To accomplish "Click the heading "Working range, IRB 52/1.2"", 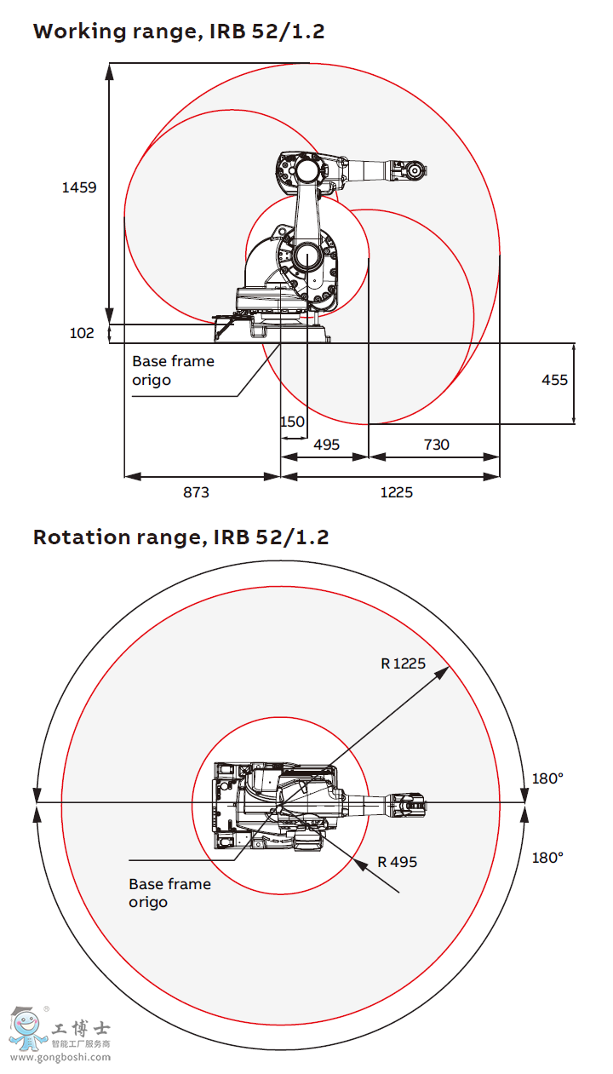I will coord(179,32).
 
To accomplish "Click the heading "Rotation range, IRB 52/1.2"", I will coord(180,537).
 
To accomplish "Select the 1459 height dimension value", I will coord(79,187).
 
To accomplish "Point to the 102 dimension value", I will coord(82,333).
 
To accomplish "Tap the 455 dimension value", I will coord(554,380).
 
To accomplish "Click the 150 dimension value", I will coord(292,422).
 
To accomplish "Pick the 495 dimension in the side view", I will coord(326,444).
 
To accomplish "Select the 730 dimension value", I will coord(436,444).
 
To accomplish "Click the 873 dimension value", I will coord(196,492).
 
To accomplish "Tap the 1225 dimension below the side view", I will coord(396,492).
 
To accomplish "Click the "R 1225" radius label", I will coord(403,663).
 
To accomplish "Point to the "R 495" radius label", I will coord(398,861).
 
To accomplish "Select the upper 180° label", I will coord(547,778).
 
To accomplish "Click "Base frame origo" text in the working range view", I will coord(173,370).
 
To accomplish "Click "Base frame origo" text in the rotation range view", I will coord(169,893).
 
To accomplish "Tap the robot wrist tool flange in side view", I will coord(415,169).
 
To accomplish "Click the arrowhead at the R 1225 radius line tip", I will coord(444,671).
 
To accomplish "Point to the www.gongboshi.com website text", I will coord(60,1058).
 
